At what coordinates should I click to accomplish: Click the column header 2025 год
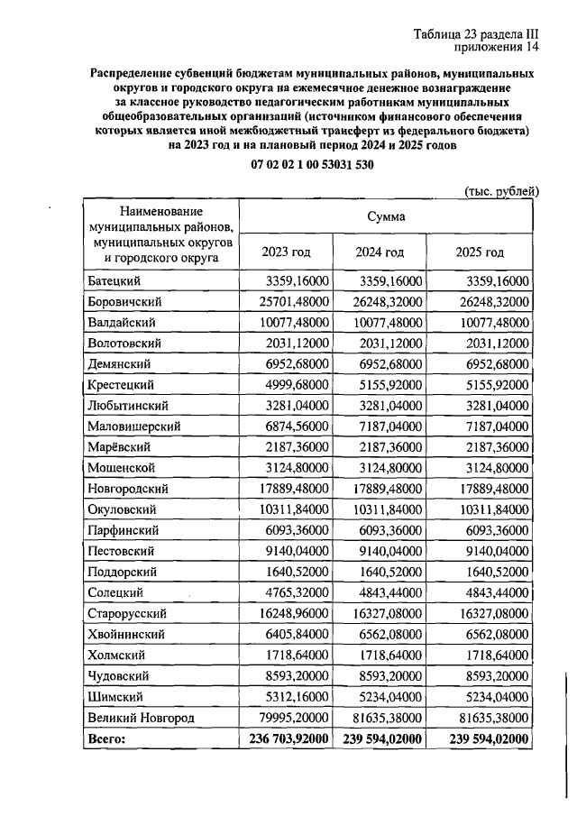482,252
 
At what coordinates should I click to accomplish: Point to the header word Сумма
386,216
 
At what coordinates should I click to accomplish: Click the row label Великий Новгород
142,718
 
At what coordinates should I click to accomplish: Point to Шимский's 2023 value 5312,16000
287,697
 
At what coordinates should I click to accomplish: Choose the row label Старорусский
126,613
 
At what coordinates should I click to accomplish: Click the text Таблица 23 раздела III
474,34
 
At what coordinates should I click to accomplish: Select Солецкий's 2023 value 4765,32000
287,592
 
